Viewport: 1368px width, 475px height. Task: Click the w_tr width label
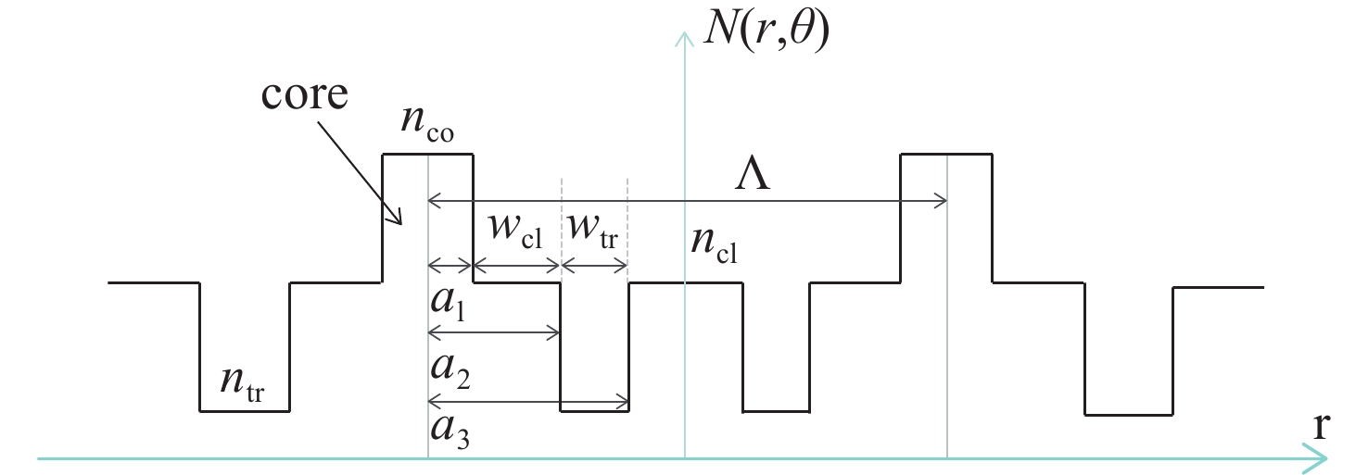[x=592, y=228]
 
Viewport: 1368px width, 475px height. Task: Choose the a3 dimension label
[x=450, y=431]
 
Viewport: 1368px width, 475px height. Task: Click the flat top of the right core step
[x=946, y=154]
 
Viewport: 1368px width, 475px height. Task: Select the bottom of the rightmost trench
[x=1129, y=414]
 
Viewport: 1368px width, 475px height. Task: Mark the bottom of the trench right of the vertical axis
[x=777, y=410]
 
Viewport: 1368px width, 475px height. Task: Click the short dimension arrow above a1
[x=450, y=266]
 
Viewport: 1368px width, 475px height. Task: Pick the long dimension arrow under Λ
[x=686, y=199]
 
